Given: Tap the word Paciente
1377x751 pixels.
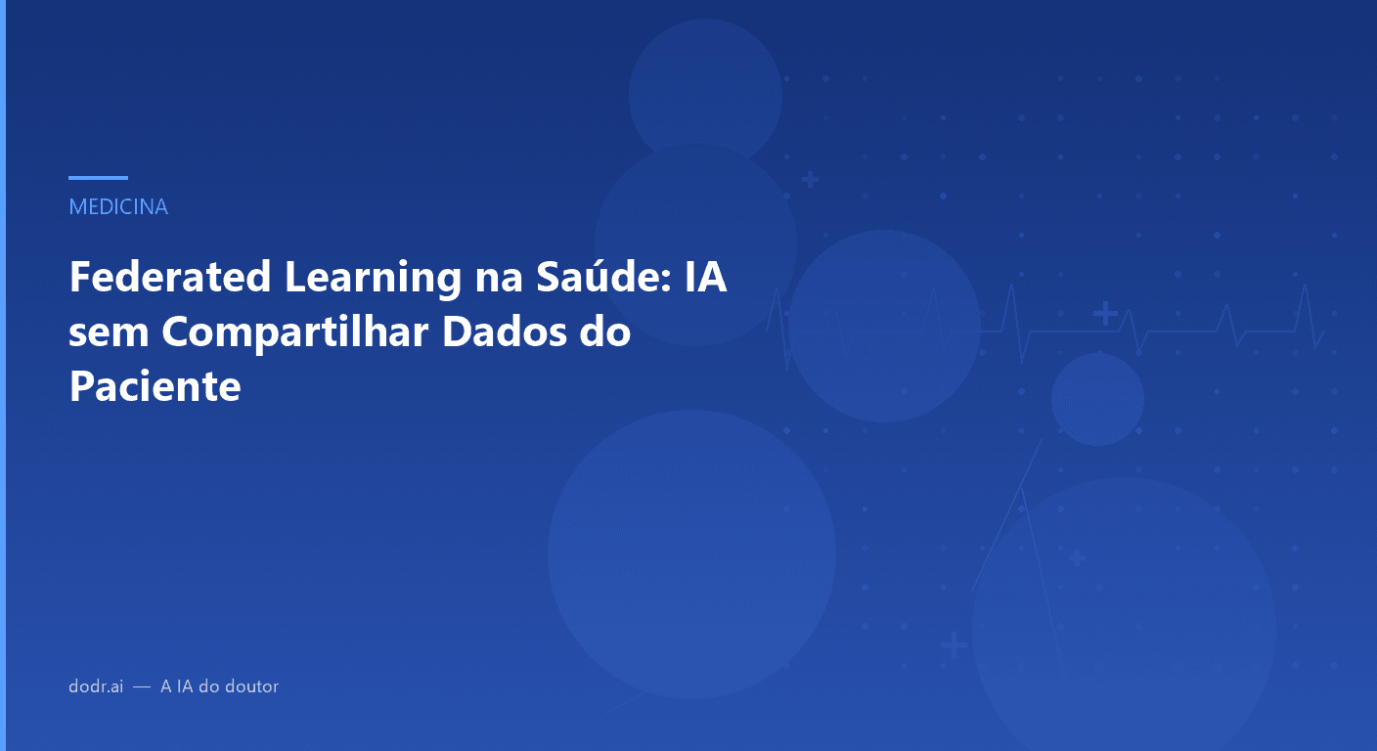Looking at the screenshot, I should point(155,387).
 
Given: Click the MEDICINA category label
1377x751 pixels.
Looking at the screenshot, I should point(118,207).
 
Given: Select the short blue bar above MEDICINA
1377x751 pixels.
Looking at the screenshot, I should point(98,178).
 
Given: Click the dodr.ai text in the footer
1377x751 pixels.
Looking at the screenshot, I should point(96,686).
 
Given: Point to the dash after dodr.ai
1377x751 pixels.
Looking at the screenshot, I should point(142,686).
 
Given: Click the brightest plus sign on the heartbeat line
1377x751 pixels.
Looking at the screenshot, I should point(1105,314).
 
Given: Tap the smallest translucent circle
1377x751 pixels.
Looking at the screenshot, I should point(1097,399).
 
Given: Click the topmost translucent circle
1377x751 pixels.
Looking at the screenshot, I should point(705,94).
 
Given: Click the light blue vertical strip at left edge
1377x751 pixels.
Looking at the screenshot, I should point(3,375).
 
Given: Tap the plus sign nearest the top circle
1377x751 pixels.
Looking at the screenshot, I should point(810,180).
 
